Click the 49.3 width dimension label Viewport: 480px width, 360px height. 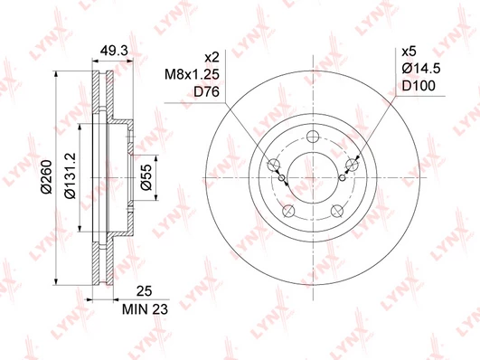coord(114,52)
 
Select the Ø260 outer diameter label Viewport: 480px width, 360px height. coord(47,176)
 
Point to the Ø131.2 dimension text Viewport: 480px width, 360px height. coord(71,175)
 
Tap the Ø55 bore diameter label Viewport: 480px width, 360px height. coord(146,177)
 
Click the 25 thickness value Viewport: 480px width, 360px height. coord(144,291)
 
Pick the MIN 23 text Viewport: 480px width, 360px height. coord(145,309)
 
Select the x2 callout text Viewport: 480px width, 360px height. coord(212,57)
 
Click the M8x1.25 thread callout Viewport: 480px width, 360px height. coord(192,74)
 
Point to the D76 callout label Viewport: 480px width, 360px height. coord(207,92)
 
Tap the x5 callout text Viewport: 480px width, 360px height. coord(409,52)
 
